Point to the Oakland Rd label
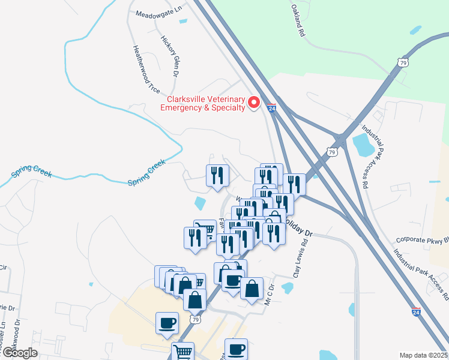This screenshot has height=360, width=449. [298, 21]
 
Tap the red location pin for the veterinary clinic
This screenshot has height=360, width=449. [253, 103]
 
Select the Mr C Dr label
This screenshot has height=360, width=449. [270, 295]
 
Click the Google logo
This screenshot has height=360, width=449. [19, 353]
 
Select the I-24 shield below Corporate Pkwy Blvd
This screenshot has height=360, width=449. [416, 312]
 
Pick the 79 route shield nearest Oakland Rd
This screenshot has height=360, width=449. [403, 62]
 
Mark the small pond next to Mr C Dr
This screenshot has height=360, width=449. [287, 288]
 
